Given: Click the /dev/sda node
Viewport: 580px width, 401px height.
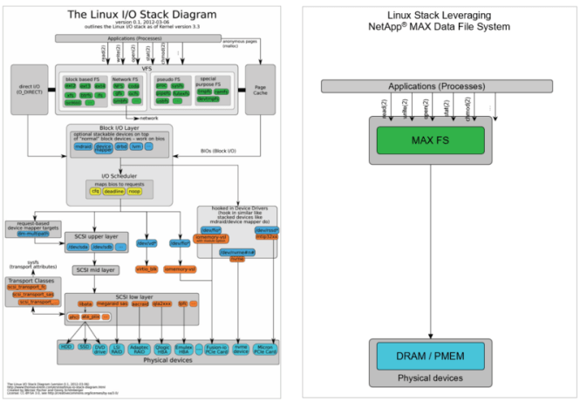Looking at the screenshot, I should tap(78, 248).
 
